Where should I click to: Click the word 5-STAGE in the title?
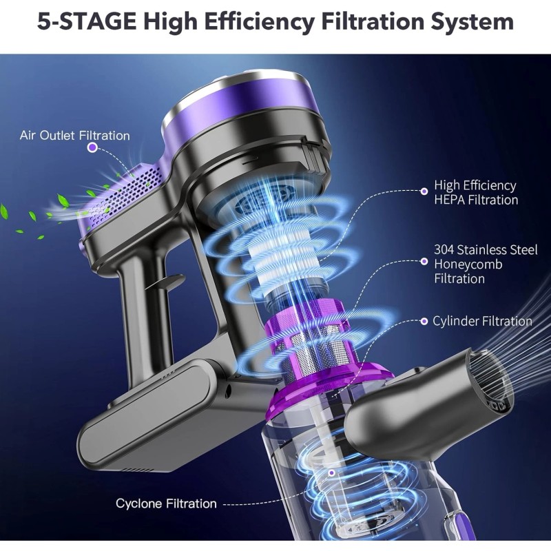coord(87,21)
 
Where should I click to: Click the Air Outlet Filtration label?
coord(75,136)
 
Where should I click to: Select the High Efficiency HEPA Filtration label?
coord(476,193)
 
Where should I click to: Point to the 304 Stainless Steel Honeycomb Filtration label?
coord(486,264)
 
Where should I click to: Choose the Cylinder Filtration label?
coord(482,321)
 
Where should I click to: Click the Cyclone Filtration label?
coord(166,503)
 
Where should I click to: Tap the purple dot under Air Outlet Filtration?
coord(92,147)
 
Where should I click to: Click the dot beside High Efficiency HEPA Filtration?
coord(424,191)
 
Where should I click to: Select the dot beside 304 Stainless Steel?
coord(424,262)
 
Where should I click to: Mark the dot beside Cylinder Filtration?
coord(424,321)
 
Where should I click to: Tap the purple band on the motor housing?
coord(242,102)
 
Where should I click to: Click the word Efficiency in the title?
coord(259,22)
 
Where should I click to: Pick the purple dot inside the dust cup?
coord(331,473)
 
